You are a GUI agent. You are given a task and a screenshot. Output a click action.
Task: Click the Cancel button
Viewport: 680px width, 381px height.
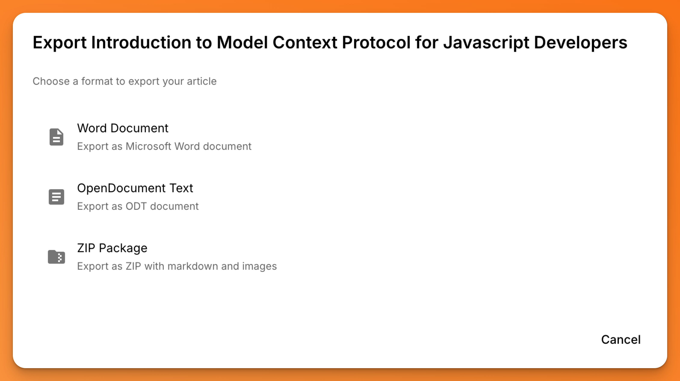[621, 339]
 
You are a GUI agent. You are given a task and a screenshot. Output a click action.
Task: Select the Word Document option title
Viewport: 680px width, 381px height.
[123, 128]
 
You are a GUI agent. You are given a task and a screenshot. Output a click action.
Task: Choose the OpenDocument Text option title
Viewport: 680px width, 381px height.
[135, 188]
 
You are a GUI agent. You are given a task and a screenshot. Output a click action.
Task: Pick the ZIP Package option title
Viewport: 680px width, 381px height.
[112, 248]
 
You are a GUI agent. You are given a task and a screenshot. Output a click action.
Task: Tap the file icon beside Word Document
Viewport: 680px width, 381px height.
[56, 137]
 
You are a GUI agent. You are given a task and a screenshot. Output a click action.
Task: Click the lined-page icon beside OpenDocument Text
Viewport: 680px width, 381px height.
[56, 197]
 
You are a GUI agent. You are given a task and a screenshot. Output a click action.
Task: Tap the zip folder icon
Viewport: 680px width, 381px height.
[56, 257]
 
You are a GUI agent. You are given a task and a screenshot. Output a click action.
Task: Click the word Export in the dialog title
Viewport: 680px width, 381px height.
[59, 43]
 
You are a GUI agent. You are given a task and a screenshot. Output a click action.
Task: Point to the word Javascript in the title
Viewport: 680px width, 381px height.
[486, 43]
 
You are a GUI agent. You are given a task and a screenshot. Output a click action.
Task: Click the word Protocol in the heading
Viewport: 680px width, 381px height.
[376, 43]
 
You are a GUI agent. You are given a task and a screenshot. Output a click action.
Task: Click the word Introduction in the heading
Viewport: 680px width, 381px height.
[141, 43]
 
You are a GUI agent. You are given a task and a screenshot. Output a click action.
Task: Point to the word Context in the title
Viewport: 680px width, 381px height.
[305, 43]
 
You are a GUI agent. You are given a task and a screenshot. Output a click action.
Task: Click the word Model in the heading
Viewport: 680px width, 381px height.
[242, 43]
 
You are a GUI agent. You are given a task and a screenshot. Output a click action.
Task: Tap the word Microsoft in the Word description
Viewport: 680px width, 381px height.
[148, 146]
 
